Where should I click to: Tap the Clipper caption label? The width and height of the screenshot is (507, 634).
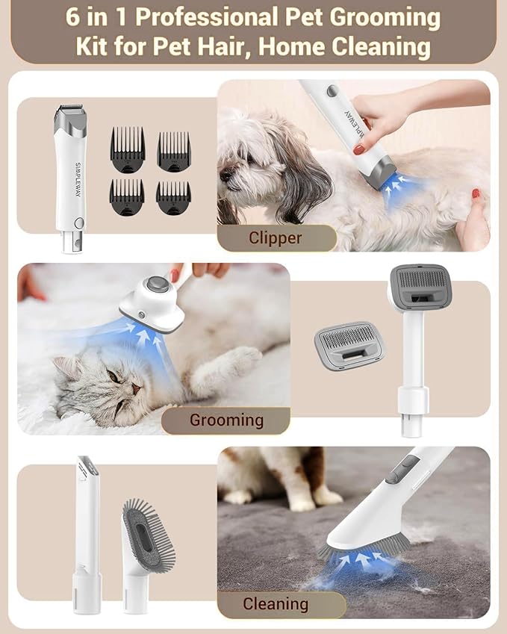276,238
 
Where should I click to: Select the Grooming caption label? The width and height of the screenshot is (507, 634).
226,420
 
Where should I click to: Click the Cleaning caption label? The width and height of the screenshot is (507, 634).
275,603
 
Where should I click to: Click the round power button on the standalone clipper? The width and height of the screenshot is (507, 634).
79,222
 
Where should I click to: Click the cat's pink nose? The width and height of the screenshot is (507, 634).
137,387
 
